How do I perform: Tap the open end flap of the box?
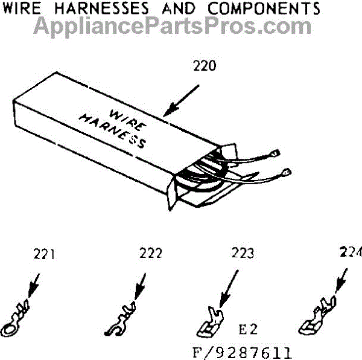(181, 187)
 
